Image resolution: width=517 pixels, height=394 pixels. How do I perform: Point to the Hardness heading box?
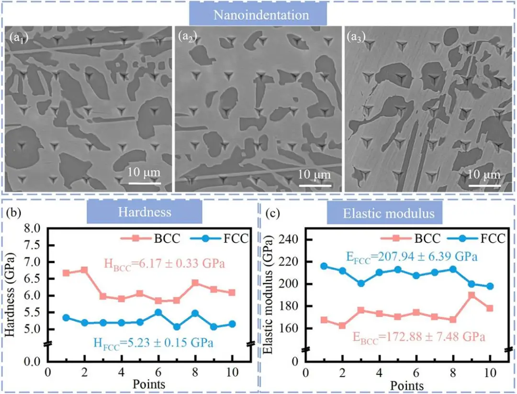point(145,212)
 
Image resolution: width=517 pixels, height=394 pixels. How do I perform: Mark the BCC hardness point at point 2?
point(85,270)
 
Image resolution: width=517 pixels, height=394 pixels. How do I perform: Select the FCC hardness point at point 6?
point(158,312)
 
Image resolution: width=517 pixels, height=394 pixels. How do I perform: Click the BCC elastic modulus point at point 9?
point(472,295)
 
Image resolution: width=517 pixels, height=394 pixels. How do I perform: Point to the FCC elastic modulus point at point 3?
point(361,283)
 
